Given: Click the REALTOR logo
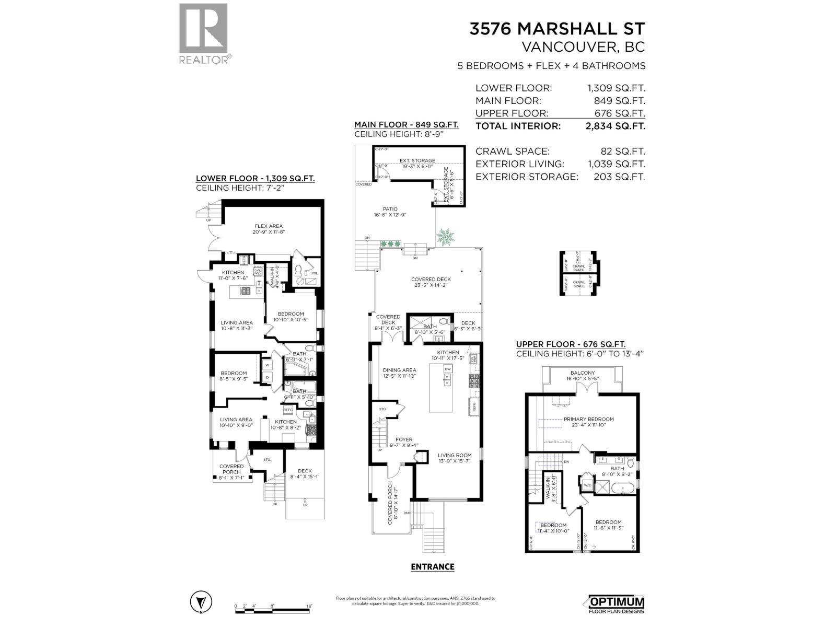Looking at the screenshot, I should tap(204, 33).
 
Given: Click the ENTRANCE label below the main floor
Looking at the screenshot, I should tap(432, 566).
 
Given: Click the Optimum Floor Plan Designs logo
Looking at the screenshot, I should tap(616, 604).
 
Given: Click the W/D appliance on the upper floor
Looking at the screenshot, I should tap(587, 484).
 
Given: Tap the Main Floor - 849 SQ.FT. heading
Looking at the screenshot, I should tap(406, 125).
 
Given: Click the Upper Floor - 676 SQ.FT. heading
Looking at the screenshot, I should tap(571, 344).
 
